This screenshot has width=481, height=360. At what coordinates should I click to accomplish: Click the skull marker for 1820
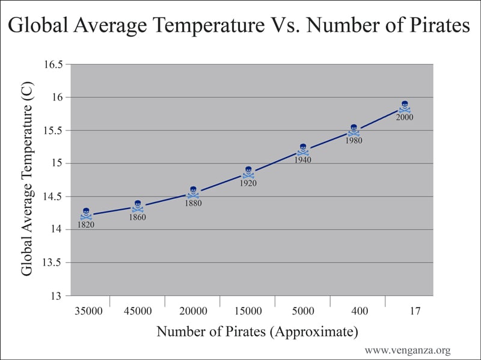tap(86, 214)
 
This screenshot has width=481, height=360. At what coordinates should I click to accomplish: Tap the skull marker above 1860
tap(138, 206)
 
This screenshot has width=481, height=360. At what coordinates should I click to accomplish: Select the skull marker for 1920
tap(248, 172)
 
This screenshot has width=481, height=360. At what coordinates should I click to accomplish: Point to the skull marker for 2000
tap(405, 106)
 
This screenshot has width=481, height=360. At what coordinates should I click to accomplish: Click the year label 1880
tap(193, 203)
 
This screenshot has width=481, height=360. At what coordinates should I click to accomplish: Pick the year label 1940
tap(303, 160)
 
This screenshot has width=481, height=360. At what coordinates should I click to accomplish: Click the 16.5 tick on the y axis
tap(53, 64)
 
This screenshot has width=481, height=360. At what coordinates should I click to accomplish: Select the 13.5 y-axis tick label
tap(53, 263)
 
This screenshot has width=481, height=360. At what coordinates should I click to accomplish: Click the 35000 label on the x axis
tap(88, 311)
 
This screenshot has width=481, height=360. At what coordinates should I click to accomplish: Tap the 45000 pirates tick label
tap(138, 311)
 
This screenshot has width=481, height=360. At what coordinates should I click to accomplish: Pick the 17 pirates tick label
tap(413, 311)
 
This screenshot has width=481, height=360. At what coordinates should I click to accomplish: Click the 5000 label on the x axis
tap(303, 311)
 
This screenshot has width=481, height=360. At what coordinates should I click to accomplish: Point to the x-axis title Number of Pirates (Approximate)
tap(257, 332)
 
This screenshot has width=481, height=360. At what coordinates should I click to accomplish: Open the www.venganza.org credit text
tap(408, 350)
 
